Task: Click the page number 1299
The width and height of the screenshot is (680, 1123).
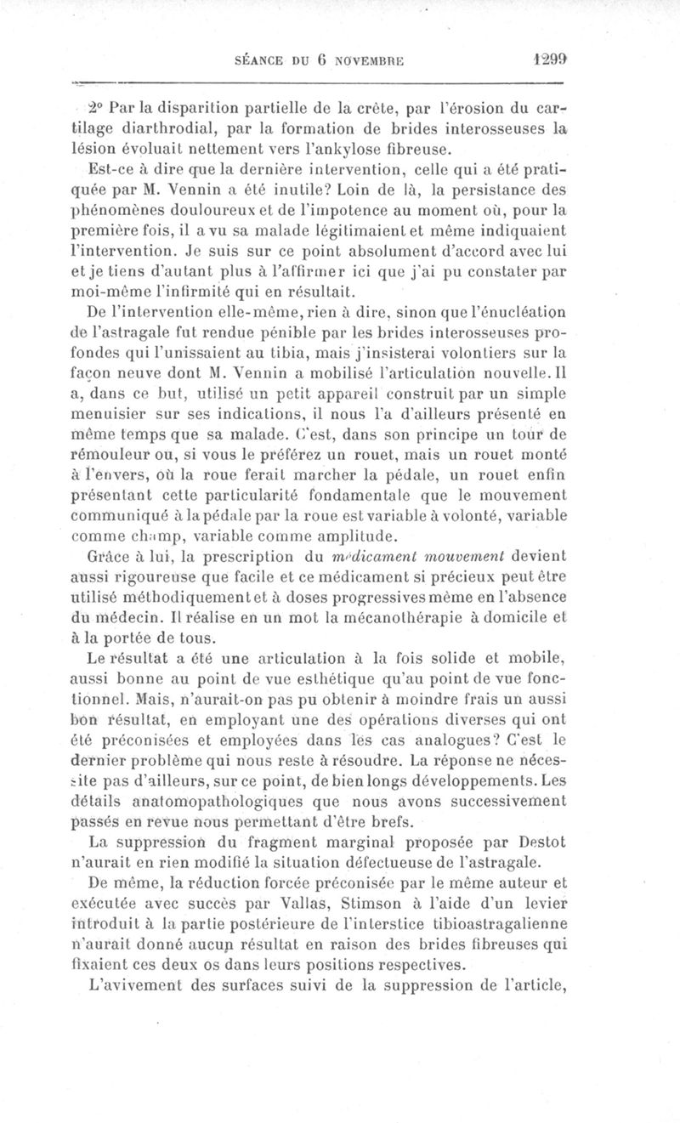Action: click(544, 60)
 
